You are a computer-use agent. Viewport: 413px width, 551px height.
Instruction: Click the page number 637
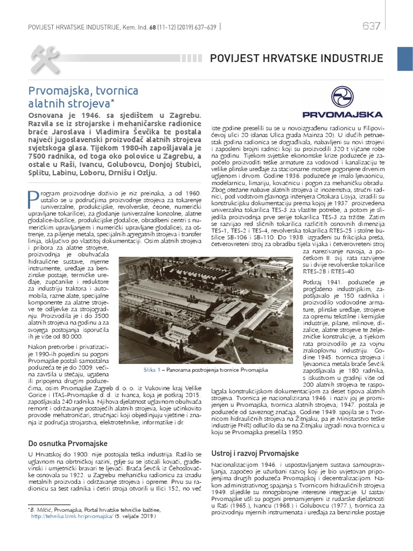[x=372, y=26]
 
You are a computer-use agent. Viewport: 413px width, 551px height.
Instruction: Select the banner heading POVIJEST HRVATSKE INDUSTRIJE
[x=296, y=58]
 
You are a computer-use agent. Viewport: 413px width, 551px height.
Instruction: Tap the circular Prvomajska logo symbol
[x=342, y=97]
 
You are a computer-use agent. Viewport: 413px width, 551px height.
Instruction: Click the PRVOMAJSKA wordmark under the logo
[x=342, y=114]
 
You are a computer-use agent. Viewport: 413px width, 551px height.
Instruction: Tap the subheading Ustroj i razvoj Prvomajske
[x=255, y=453]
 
